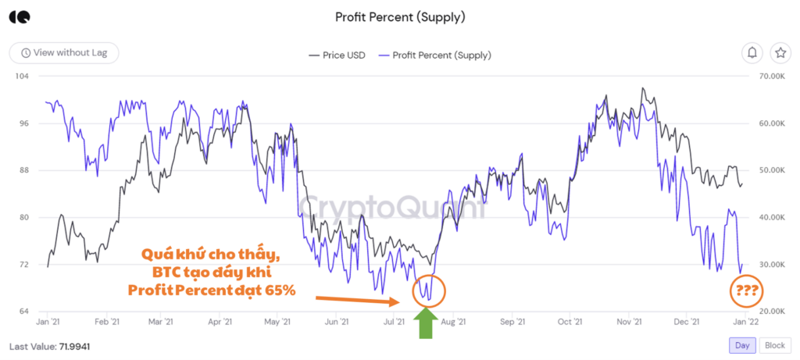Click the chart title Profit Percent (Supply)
(x=399, y=16)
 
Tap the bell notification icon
(x=752, y=53)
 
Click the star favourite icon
(x=780, y=53)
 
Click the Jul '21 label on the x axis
(x=395, y=322)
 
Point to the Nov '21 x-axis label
(x=629, y=322)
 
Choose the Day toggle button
(x=741, y=345)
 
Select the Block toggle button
(x=774, y=345)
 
